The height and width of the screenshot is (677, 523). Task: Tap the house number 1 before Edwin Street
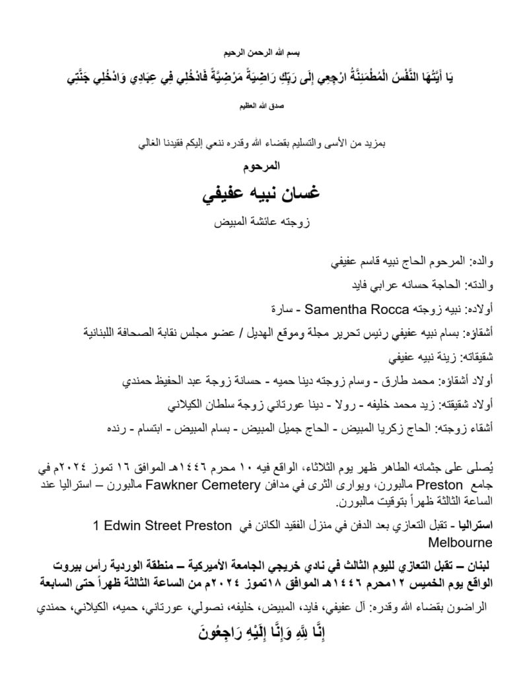pyautogui.click(x=96, y=526)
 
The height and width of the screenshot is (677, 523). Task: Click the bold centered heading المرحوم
pyautogui.click(x=261, y=167)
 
